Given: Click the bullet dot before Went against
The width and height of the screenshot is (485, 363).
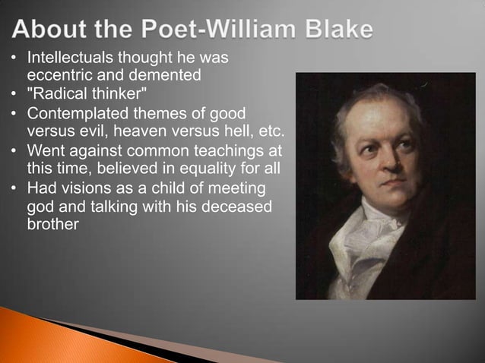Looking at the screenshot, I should point(14,150).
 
